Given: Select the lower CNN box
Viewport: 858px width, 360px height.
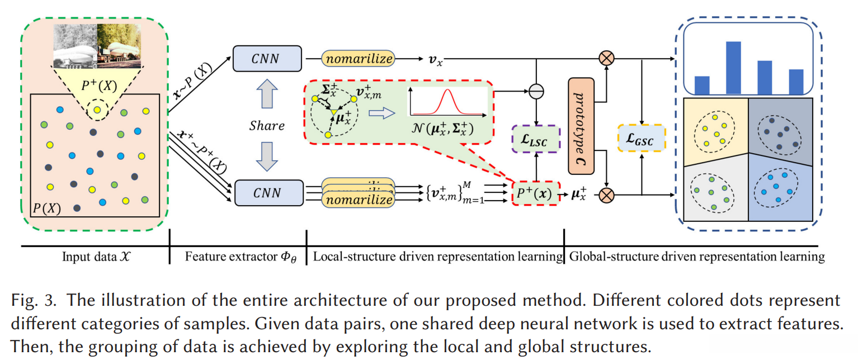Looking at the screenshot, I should point(266,193).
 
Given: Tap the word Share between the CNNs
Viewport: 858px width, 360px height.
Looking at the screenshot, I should point(267,125).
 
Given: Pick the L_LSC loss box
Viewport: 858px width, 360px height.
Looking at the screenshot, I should point(536,140).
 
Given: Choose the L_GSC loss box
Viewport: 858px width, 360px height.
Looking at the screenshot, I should point(641,138).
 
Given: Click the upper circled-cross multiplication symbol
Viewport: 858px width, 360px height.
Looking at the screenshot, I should point(606,57).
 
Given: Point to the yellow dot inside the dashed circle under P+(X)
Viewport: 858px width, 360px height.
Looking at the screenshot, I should point(97,110).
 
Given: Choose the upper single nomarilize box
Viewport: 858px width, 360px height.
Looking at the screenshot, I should point(359,58).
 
